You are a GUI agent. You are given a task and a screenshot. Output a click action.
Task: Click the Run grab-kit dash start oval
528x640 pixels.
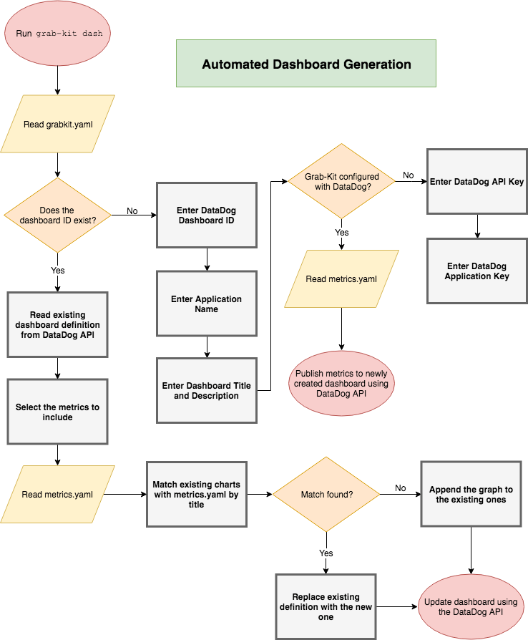tap(58, 34)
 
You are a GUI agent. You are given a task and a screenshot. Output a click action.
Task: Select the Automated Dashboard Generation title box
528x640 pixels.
tap(306, 64)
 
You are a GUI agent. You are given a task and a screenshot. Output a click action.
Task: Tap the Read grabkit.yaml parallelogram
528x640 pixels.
tap(58, 124)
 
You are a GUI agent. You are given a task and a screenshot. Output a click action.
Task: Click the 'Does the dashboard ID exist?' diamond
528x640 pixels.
tap(58, 215)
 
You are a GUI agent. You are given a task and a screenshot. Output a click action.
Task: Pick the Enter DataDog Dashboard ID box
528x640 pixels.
tap(207, 215)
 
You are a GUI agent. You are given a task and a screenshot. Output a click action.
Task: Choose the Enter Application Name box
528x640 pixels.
tap(207, 304)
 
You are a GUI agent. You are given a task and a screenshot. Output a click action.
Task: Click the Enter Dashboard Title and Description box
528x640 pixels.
tap(207, 390)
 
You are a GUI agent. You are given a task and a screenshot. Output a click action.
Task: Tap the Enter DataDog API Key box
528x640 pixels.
tap(476, 182)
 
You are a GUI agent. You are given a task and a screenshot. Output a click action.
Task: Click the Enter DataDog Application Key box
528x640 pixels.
tap(476, 271)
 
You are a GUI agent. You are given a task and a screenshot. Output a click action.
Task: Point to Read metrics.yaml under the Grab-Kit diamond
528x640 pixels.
tap(341, 279)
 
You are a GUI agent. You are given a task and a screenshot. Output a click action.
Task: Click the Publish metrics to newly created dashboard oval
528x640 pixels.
tap(341, 383)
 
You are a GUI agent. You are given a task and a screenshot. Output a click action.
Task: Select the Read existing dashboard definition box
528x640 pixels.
tap(57, 324)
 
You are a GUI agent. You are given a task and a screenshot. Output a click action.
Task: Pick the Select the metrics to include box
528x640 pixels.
tap(57, 412)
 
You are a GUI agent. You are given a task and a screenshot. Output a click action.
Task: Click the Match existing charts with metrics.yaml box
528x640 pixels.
tap(196, 495)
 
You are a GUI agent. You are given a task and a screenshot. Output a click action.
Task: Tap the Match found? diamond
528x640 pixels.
tap(326, 495)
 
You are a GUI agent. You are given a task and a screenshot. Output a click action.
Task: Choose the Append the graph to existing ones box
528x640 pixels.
tap(471, 495)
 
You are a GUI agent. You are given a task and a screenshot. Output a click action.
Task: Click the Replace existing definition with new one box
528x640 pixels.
tap(326, 606)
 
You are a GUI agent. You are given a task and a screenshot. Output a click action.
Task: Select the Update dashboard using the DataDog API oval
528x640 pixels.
tap(471, 606)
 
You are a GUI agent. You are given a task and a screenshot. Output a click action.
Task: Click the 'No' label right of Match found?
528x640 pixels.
tap(400, 488)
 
